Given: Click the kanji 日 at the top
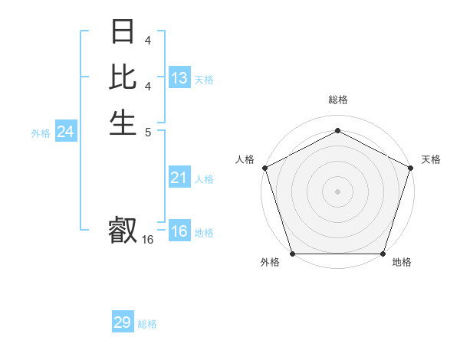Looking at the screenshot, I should (x=123, y=33).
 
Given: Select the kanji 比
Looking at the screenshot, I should (x=123, y=77).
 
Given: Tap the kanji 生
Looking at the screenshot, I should (x=123, y=121).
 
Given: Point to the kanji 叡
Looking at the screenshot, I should (x=123, y=229).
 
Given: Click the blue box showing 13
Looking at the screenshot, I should (x=179, y=78).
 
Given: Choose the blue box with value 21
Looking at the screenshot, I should (x=179, y=178).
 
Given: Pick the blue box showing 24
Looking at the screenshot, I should (x=66, y=132).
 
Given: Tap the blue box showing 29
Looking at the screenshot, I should (x=123, y=322).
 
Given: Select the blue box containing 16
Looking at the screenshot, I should (x=179, y=232).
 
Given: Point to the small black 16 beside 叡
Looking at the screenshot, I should (x=148, y=240).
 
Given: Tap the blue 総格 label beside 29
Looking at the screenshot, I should (x=147, y=324).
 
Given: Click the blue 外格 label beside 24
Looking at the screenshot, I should (x=41, y=133).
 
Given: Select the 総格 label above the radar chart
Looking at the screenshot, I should (x=337, y=100).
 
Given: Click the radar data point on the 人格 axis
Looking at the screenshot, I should (x=264, y=167).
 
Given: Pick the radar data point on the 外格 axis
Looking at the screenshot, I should (x=292, y=254).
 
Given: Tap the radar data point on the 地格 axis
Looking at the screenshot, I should (x=383, y=254).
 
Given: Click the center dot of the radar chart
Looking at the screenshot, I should (x=337, y=191).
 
